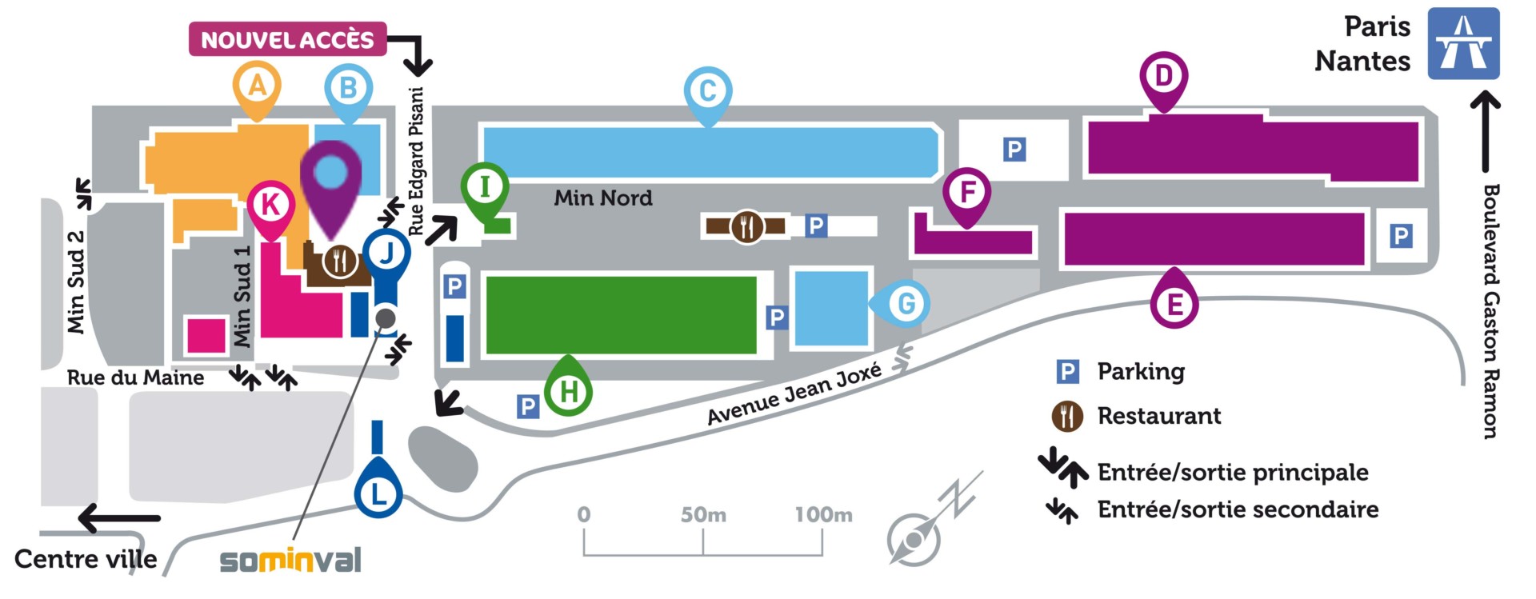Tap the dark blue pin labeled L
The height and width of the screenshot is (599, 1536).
tap(378, 486)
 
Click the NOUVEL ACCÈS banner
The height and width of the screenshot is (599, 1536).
tap(287, 39)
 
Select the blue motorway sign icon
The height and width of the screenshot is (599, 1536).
tap(1463, 43)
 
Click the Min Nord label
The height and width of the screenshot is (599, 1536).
tap(603, 198)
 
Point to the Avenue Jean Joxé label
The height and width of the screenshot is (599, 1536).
tap(794, 393)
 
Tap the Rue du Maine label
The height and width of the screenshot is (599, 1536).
tap(135, 377)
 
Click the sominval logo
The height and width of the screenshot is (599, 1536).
tap(290, 560)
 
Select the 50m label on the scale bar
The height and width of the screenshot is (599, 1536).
tap(703, 515)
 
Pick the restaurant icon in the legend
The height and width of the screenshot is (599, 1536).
tap(1067, 417)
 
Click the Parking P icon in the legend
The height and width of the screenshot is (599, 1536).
tap(1067, 372)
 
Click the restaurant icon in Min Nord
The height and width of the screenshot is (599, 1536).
tap(746, 227)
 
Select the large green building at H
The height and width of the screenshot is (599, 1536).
tap(622, 315)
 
